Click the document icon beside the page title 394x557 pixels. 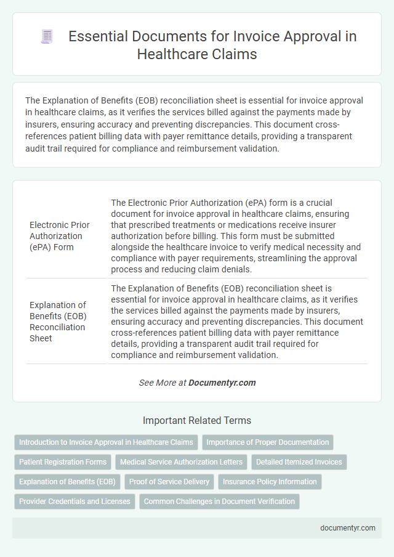point(47,37)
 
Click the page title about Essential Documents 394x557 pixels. point(212,45)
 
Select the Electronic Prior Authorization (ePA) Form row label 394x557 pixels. point(57,235)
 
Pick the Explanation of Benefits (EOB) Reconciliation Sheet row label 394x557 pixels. point(57,321)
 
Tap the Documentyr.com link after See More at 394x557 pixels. point(222,383)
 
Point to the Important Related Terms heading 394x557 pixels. point(197,420)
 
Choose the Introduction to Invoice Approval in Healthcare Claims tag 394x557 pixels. point(105,442)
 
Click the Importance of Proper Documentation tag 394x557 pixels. point(268,442)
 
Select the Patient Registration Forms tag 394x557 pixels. point(62,461)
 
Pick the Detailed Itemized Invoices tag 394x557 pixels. point(299,461)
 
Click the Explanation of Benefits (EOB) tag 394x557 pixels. point(67,481)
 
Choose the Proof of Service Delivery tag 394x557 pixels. point(169,481)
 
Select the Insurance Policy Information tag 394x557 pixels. point(270,481)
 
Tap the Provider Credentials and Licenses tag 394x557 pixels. point(74,501)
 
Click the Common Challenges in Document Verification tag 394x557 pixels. point(219,501)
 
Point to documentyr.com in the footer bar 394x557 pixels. point(347,528)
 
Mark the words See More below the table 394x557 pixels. point(156,383)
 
